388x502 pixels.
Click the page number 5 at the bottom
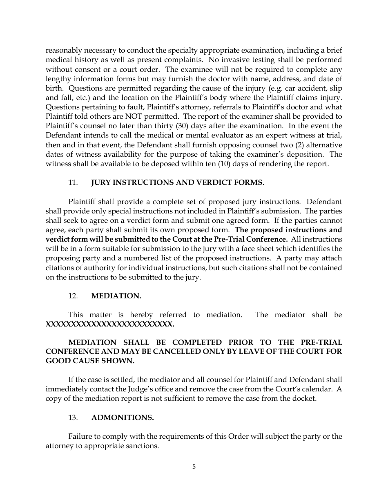tap(194, 466)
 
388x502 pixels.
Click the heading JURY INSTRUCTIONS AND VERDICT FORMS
tap(177, 183)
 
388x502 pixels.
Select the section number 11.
tap(73, 183)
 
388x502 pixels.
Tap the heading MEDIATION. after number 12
tap(116, 296)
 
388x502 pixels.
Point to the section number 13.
tap(73, 418)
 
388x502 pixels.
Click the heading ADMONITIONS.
tap(123, 418)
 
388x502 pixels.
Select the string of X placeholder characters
tap(109, 324)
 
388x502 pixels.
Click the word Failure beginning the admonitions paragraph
tap(80, 437)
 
